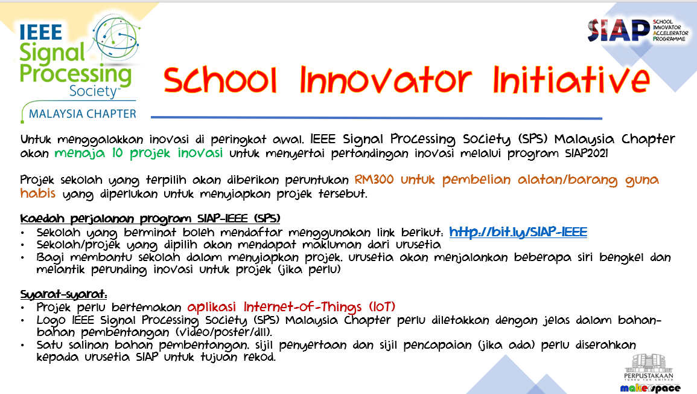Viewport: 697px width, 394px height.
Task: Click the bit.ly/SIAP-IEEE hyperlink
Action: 518,233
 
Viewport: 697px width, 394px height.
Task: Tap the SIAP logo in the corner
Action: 638,30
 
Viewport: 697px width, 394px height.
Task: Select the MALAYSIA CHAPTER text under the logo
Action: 83,114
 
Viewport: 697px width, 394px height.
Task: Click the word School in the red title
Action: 220,80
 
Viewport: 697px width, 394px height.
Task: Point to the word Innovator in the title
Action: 386,80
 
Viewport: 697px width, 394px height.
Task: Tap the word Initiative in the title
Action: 571,79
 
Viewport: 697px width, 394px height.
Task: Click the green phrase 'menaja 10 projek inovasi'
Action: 139,153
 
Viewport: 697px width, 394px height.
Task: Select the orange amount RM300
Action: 374,180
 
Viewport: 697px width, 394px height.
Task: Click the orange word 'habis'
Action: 38,193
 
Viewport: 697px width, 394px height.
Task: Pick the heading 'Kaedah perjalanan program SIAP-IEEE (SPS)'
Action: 150,219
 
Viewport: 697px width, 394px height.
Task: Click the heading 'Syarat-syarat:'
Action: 63,294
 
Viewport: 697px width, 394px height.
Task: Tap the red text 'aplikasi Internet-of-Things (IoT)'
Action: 291,307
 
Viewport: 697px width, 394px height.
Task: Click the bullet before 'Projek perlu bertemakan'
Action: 23,308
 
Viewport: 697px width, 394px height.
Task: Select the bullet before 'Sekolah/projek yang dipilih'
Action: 23,245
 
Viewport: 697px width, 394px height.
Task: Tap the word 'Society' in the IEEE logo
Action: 94,91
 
